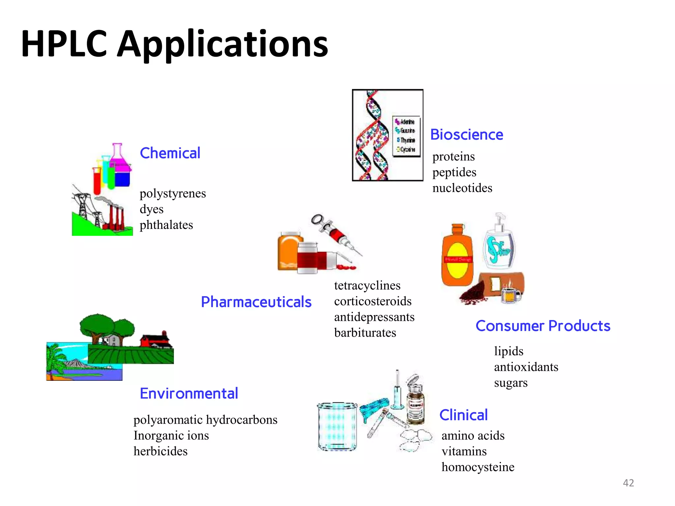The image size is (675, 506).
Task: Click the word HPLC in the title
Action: click(64, 43)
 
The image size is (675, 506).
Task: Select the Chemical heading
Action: click(170, 153)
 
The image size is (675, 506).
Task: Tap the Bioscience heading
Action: click(467, 135)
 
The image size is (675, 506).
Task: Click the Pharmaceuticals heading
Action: click(256, 302)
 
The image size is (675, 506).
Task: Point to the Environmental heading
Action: click(189, 394)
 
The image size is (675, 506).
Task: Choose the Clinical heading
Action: click(463, 415)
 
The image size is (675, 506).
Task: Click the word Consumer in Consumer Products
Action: click(510, 326)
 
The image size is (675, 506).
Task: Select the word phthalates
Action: click(166, 225)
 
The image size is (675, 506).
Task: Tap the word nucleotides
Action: click(462, 188)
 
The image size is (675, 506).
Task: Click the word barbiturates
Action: click(365, 333)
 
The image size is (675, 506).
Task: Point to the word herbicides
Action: click(161, 451)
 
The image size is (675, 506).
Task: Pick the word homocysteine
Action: click(478, 467)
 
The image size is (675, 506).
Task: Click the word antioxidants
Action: click(526, 367)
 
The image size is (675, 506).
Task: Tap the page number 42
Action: click(628, 483)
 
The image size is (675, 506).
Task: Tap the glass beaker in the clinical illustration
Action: click(337, 426)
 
